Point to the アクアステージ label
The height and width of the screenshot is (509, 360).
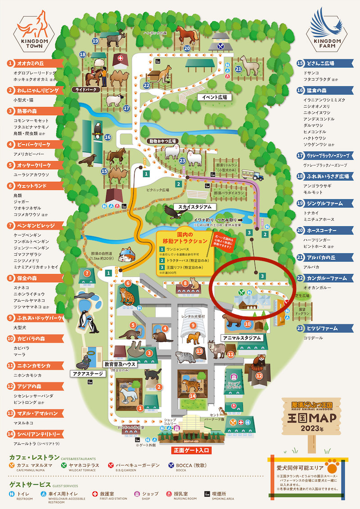[x=88, y=374]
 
